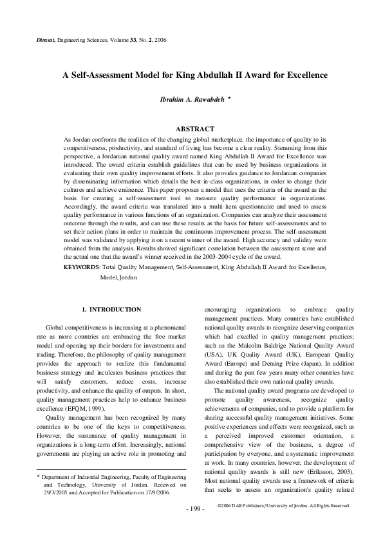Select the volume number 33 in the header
pos(126,41)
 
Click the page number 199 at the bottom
pos(194,527)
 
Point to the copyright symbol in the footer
pos(220,524)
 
